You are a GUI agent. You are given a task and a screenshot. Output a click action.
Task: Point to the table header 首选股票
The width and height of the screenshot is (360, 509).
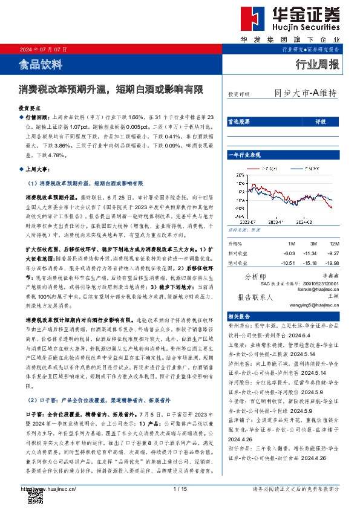coord(238,122)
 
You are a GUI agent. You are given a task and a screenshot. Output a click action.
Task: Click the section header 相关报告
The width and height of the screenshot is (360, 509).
coord(237,316)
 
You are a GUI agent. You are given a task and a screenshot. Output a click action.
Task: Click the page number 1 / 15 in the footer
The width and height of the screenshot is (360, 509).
coord(179,488)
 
